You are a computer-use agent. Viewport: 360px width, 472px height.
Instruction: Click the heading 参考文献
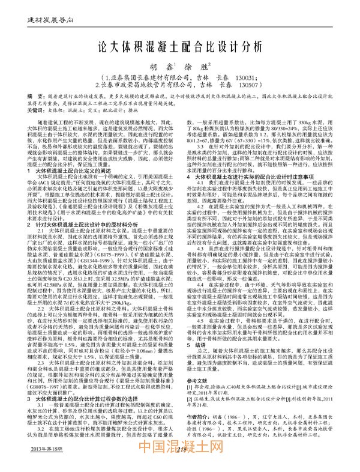(x=202, y=414)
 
